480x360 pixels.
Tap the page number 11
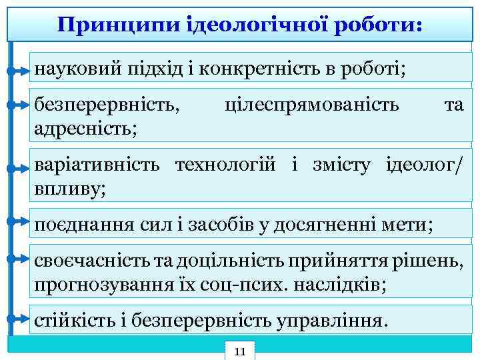coord(241,351)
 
